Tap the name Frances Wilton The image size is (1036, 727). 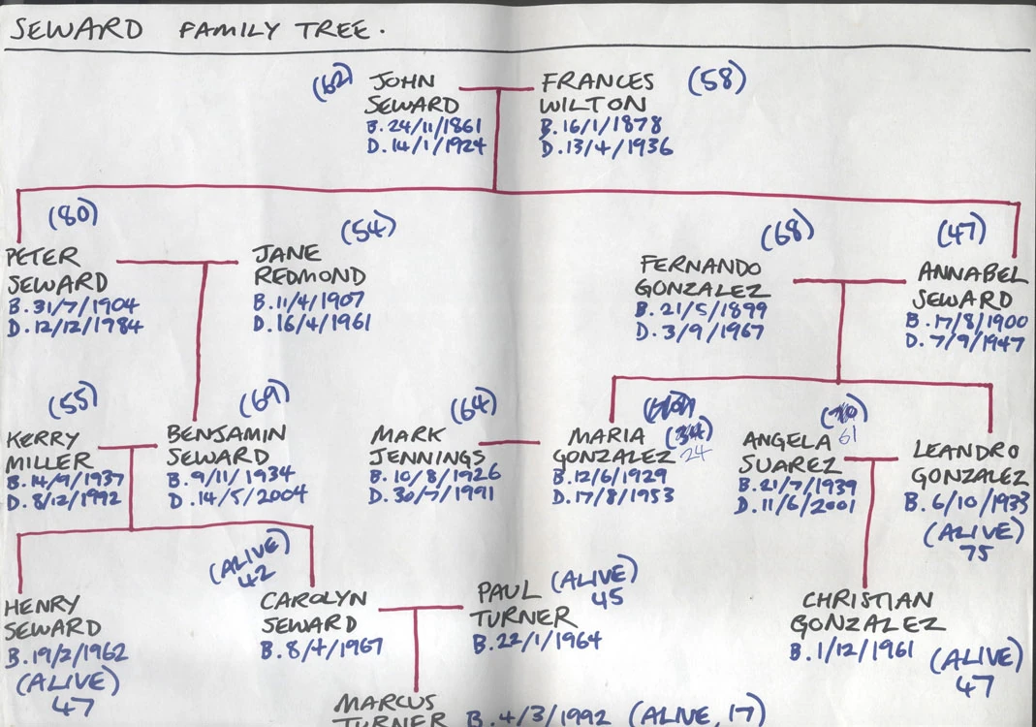click(597, 94)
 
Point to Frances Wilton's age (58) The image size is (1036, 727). click(717, 81)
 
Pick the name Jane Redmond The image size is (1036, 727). click(310, 265)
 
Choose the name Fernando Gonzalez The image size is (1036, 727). click(702, 277)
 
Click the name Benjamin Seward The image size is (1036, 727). click(225, 444)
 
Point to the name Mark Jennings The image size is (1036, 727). click(426, 445)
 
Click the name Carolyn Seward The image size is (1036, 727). click(313, 611)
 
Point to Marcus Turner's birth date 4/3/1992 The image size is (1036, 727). click(538, 716)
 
